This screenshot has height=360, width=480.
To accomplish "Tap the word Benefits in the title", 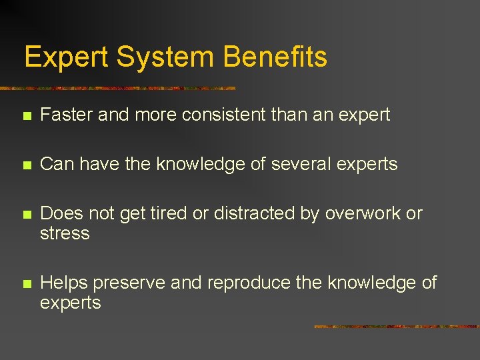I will tap(275, 57).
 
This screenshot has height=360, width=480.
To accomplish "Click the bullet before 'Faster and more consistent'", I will tap(26, 116).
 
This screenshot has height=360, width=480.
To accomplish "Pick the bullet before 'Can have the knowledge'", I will tap(26, 165).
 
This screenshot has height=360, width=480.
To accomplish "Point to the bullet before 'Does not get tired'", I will tap(26, 214).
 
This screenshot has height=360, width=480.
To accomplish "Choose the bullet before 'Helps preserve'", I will tap(26, 283).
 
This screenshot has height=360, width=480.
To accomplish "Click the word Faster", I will tap(67, 115).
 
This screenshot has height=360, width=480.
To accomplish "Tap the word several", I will tap(299, 164).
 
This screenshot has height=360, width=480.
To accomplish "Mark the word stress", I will tap(65, 234).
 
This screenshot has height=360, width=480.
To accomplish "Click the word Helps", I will tap(64, 283).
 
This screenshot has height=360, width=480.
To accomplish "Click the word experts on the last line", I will tap(71, 303).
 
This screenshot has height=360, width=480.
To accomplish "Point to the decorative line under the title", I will tap(120, 88).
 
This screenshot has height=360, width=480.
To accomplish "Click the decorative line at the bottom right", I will tap(396, 327).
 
